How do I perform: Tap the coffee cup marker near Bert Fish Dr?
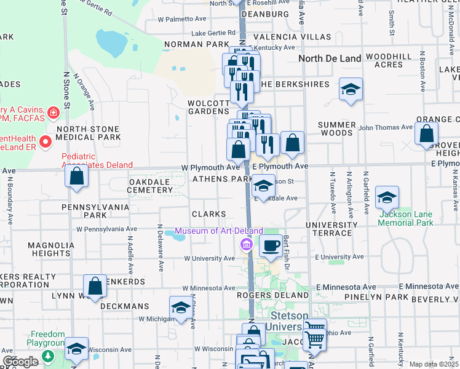(x=270, y=245)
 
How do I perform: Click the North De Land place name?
(x=330, y=59)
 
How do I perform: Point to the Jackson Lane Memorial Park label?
(x=406, y=218)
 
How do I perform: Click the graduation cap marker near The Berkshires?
(x=351, y=89)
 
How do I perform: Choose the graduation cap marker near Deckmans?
(x=181, y=307)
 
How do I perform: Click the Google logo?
(x=20, y=362)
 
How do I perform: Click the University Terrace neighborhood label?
(x=331, y=229)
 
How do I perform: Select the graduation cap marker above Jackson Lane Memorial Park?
(x=387, y=197)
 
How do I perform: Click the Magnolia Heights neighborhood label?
(x=49, y=249)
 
